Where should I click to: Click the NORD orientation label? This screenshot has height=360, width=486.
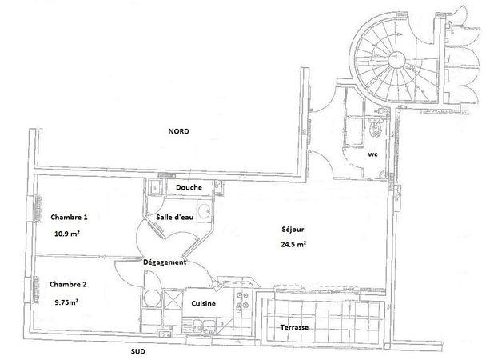pos(178,131)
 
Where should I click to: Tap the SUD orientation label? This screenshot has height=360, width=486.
pos(138,351)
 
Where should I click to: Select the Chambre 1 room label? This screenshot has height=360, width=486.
pos(69,217)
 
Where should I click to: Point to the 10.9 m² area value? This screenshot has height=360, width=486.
pos(67,234)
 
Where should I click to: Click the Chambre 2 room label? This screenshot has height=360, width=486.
pos(68,284)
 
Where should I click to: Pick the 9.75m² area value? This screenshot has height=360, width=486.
pos(66,302)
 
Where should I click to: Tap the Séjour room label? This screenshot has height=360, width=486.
pos(293,230)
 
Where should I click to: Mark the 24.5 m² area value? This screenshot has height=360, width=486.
pos(294,244)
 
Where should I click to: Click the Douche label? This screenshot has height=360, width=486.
pos(189,187)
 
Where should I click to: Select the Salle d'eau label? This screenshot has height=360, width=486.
pos(175,217)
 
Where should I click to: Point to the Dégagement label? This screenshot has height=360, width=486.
pos(165,262)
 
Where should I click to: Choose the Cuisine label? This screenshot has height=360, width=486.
pos(203,303)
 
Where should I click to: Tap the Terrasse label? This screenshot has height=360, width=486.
pos(294,327)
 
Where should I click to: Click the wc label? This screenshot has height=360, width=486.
pos(372,154)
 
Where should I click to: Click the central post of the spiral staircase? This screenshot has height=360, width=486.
pos(396,59)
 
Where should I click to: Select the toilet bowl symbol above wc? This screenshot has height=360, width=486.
pos(376,128)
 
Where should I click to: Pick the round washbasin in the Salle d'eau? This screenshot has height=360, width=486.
pos(204,211)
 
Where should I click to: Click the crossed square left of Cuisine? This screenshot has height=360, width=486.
pos(173,299)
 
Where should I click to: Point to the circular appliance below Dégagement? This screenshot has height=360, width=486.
pos(152,298)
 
